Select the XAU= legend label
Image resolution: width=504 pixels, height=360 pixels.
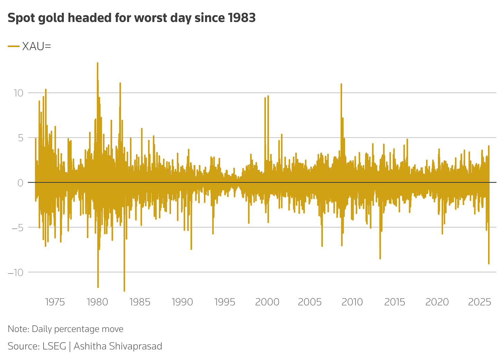click(x=36, y=46)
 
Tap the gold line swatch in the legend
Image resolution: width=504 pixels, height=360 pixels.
click(x=14, y=46)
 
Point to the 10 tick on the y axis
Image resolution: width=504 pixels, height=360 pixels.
click(x=18, y=93)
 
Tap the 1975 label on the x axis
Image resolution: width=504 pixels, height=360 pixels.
click(x=55, y=302)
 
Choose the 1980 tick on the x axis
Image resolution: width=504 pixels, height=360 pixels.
click(x=97, y=302)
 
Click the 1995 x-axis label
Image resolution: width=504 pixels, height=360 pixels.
click(x=225, y=302)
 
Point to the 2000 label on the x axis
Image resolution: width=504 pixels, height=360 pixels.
click(x=267, y=302)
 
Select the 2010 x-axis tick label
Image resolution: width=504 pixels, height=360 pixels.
click(x=352, y=302)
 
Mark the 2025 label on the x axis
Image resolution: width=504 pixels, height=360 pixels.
click(x=479, y=302)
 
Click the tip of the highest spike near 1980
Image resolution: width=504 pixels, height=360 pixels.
click(x=98, y=63)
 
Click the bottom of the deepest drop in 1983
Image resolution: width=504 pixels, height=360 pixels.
click(x=124, y=291)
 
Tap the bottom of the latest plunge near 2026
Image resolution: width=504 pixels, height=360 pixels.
click(x=489, y=263)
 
